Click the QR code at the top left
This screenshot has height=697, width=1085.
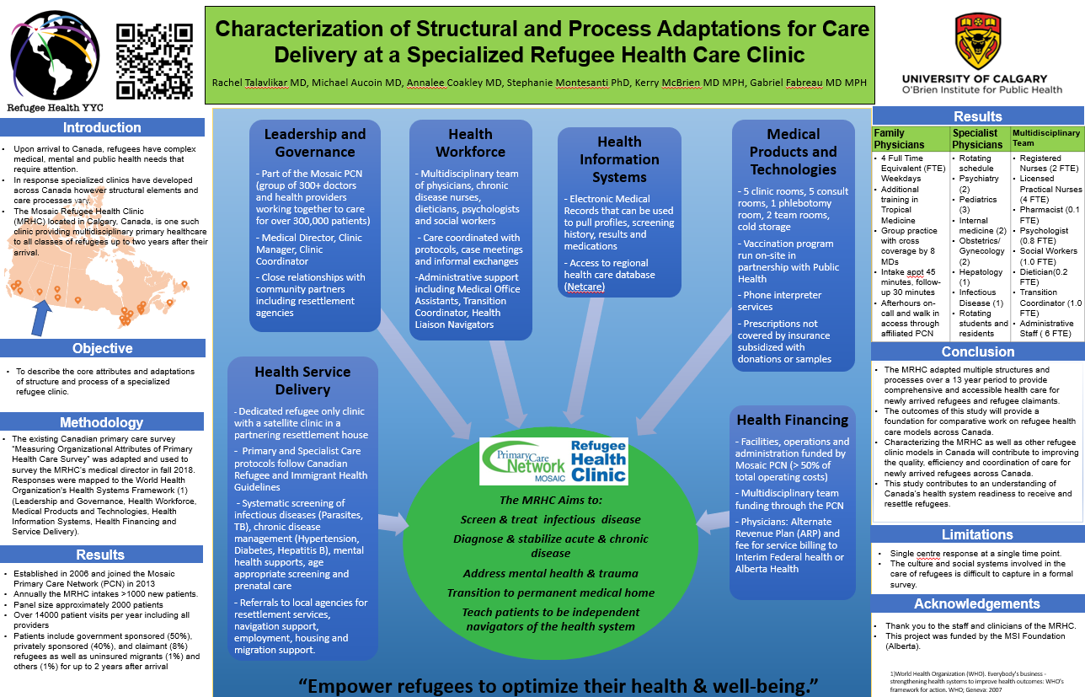155,61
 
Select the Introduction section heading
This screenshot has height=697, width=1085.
102,128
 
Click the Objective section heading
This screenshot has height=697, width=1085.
102,348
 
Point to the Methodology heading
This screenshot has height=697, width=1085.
102,422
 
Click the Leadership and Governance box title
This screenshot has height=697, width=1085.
315,143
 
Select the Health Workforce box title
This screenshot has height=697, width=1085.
470,143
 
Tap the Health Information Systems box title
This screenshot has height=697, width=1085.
619,159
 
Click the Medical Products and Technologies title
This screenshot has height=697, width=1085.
793,152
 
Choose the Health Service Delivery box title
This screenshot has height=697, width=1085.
302,380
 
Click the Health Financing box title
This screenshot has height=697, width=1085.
793,420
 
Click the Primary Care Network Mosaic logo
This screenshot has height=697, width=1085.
522,459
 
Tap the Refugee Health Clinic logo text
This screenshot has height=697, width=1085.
598,459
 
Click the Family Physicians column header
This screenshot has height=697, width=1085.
900,138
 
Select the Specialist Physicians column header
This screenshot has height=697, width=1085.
977,138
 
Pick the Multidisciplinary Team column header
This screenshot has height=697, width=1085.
1045,137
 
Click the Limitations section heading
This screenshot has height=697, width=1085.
977,534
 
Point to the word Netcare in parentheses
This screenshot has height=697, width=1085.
585,287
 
